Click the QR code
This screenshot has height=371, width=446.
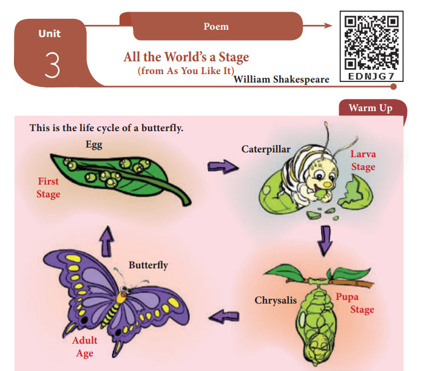pos(371,40)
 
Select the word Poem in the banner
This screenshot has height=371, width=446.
pos(216,26)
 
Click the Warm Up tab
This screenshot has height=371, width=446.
pos(370,108)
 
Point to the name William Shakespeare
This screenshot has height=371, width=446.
pos(282,79)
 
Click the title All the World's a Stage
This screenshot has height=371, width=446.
pos(186,58)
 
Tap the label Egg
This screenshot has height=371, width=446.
pos(94,145)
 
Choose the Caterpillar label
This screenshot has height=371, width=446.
pos(266,149)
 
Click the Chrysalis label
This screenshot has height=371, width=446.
pos(275,300)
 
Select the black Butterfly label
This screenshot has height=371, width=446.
pos(148,265)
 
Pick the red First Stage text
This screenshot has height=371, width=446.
pos(49,188)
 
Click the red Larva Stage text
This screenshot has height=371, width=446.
pos(363,160)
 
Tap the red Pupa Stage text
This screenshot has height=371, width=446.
pos(354,303)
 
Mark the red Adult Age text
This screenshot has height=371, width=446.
pos(84,347)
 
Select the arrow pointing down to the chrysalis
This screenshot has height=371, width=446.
pos(325,240)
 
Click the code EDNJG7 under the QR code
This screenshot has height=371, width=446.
pos(371,78)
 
